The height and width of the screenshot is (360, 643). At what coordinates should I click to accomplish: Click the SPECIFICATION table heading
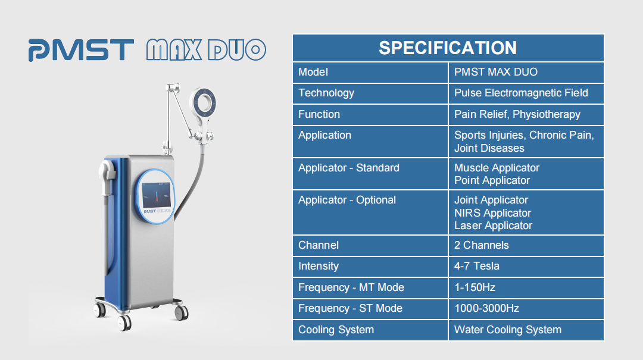coord(447,48)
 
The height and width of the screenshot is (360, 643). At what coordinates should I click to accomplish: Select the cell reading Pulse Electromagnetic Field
coord(521,93)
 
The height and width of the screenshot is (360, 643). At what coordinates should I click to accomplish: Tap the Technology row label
coord(326,93)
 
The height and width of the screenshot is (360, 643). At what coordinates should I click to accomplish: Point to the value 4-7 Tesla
coord(476,266)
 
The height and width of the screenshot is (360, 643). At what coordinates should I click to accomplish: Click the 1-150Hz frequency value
coord(475,287)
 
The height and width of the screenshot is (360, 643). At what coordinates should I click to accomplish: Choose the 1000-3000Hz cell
coord(486,308)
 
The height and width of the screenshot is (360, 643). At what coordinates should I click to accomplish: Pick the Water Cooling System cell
coord(508,330)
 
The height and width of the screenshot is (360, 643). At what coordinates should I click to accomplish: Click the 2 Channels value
coord(482,245)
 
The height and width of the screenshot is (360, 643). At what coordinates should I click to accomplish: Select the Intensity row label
coord(318,266)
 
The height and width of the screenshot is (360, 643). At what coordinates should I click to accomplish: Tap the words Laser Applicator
coord(493,226)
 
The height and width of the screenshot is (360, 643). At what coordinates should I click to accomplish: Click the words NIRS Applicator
coord(492,213)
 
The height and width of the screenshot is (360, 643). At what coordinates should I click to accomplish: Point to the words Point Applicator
coord(492,180)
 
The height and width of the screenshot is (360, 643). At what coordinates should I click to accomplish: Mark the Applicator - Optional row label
coord(347,200)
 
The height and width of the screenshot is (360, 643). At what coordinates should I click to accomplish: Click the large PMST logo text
coord(81,50)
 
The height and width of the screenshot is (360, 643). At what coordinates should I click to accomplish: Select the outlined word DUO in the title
coord(237,50)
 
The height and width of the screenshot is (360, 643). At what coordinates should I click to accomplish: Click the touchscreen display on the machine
coord(156,195)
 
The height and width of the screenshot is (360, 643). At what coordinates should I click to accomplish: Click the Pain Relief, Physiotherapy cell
coord(517,114)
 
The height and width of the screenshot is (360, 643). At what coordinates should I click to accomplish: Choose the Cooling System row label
coord(336,330)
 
